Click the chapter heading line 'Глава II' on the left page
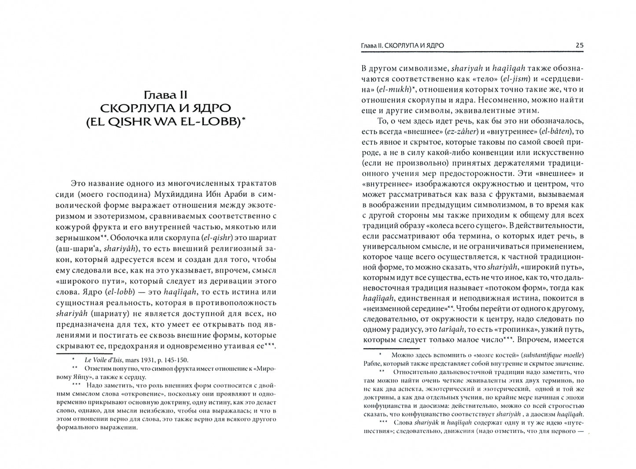[166, 95]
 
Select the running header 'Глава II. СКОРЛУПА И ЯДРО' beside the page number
[402, 45]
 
